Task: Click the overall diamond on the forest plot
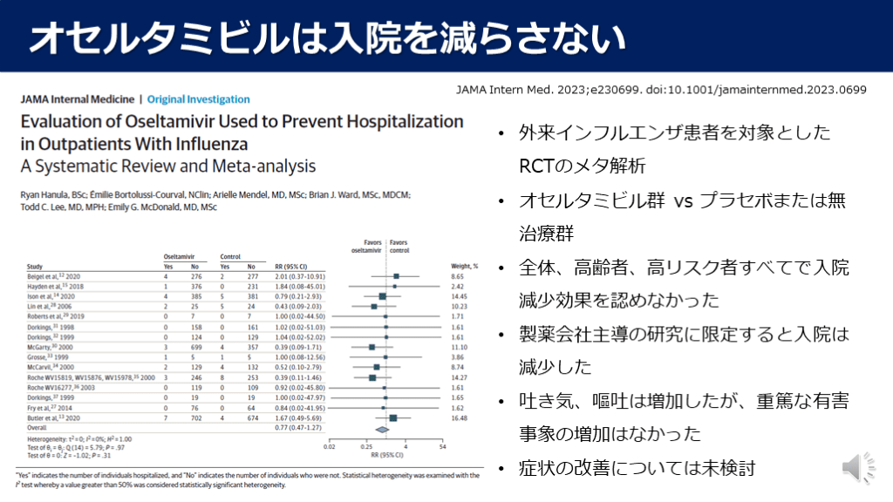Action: coord(380,429)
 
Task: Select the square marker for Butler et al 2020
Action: coord(393,418)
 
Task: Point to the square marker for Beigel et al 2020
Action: coord(396,275)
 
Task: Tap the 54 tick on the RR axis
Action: coord(442,447)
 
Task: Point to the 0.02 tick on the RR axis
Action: coord(328,447)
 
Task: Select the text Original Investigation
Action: coord(199,99)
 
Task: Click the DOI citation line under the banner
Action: coord(662,89)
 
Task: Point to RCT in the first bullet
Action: coord(534,166)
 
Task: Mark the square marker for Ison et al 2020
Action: coord(383,296)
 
